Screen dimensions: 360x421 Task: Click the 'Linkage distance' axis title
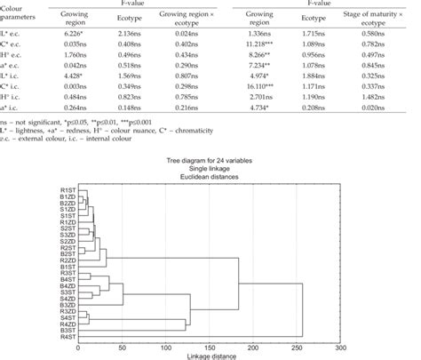click(x=210, y=356)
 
